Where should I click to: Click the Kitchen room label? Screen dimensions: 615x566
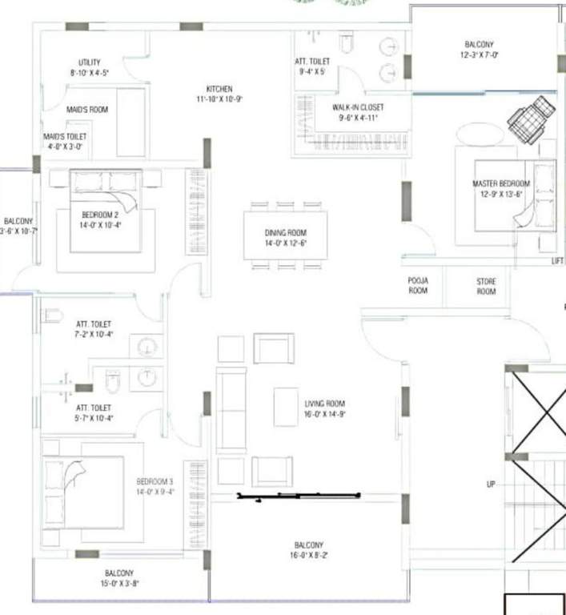219,89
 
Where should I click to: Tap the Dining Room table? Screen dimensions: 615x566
286,234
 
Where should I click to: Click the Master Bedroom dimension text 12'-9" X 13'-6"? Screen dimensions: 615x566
501,193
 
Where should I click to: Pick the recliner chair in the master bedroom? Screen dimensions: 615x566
531,117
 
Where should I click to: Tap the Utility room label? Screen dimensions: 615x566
89,62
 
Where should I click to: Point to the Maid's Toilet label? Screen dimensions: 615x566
63,137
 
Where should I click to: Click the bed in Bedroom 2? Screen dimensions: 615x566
106,210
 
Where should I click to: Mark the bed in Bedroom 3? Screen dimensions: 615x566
83,489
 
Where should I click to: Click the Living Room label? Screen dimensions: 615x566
324,404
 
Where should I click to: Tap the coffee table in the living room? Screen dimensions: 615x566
286,407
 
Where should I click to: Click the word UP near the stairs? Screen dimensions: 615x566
492,484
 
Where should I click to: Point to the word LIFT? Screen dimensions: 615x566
558,261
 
